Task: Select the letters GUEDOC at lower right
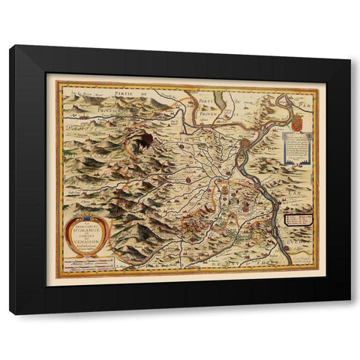tap(305, 244)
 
